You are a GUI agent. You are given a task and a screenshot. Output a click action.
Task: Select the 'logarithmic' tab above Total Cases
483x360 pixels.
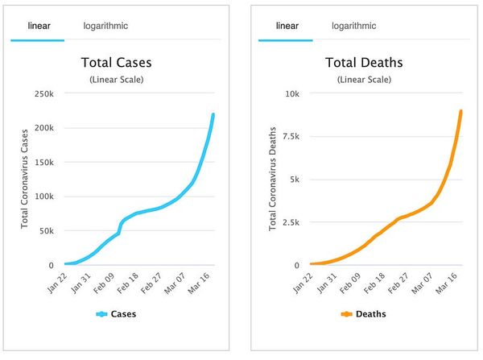(x=105, y=26)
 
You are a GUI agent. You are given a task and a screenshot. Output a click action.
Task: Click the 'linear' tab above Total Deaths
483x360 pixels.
(x=287, y=26)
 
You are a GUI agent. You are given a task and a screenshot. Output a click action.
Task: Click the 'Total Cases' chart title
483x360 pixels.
(x=117, y=62)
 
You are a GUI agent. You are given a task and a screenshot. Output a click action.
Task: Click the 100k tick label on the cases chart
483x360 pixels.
(x=43, y=197)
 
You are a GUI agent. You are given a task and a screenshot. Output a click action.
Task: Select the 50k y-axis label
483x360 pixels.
(x=46, y=231)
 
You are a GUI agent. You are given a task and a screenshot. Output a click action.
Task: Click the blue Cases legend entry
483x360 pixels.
(x=116, y=314)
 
